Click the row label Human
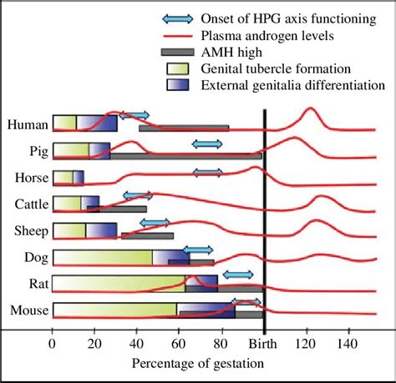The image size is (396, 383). [27, 124]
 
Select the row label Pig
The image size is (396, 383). [36, 151]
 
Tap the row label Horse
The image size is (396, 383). [30, 177]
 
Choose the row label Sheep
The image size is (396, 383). [30, 230]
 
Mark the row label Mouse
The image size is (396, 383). [28, 310]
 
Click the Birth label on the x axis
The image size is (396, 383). [263, 344]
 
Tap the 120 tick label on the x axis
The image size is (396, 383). [306, 344]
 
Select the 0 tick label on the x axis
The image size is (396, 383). [53, 344]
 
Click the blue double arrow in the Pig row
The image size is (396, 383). [206, 144]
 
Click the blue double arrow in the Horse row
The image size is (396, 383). [207, 172]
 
